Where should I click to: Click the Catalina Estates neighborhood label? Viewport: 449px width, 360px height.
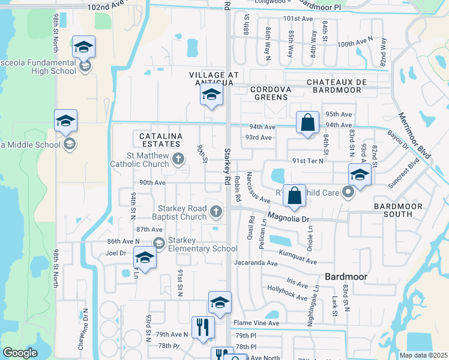tap(160, 140)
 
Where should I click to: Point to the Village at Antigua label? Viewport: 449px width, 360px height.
tap(214, 75)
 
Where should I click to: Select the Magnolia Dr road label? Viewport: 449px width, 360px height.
tap(288, 218)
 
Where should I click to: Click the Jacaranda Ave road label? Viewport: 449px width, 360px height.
tap(256, 263)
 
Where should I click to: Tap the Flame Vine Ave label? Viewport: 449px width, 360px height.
tap(257, 323)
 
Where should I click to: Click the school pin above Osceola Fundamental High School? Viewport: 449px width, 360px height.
tap(84, 46)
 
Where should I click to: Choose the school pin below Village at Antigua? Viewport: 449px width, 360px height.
tap(211, 94)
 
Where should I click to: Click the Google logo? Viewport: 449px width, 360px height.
tap(20, 353)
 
